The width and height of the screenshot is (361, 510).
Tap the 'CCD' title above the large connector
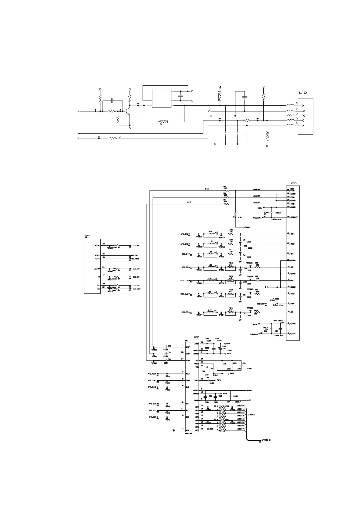pyautogui.click(x=294, y=183)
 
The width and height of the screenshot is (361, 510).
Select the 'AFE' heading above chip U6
pyautogui.click(x=196, y=337)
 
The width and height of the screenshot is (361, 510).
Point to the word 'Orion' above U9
pyautogui.click(x=87, y=235)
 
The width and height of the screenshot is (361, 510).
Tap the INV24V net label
pyautogui.click(x=254, y=334)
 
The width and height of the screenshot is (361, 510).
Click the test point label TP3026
pyautogui.click(x=250, y=308)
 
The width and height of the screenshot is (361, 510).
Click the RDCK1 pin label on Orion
pyautogui.click(x=97, y=246)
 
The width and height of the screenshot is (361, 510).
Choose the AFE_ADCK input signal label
pyautogui.click(x=152, y=374)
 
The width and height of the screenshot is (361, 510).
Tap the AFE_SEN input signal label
pyautogui.click(x=152, y=417)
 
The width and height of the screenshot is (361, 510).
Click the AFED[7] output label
pyautogui.click(x=241, y=429)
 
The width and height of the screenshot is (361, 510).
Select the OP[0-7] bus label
pyautogui.click(x=251, y=415)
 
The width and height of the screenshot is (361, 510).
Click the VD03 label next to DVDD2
pyautogui.click(x=225, y=394)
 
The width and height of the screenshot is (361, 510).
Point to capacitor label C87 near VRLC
pyautogui.click(x=207, y=377)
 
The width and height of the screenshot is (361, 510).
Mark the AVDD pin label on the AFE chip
pyautogui.click(x=196, y=344)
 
